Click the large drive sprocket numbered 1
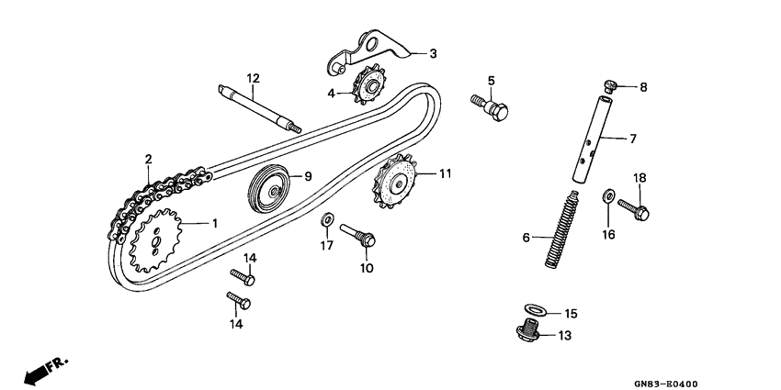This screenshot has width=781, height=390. click(x=156, y=241)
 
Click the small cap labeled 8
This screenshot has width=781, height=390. click(x=609, y=85)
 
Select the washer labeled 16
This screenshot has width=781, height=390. click(x=608, y=195)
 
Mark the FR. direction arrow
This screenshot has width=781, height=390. click(x=47, y=369)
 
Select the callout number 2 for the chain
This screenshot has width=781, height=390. click(x=148, y=160)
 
